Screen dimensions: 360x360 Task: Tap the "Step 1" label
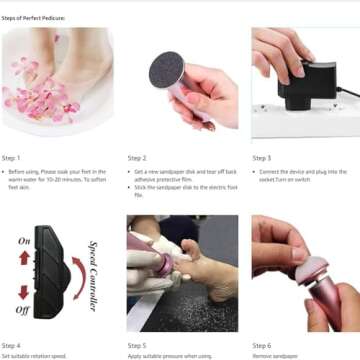coord(11,158)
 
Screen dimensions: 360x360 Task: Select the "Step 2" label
coord(137,158)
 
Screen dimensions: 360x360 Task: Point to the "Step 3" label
coord(262,158)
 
